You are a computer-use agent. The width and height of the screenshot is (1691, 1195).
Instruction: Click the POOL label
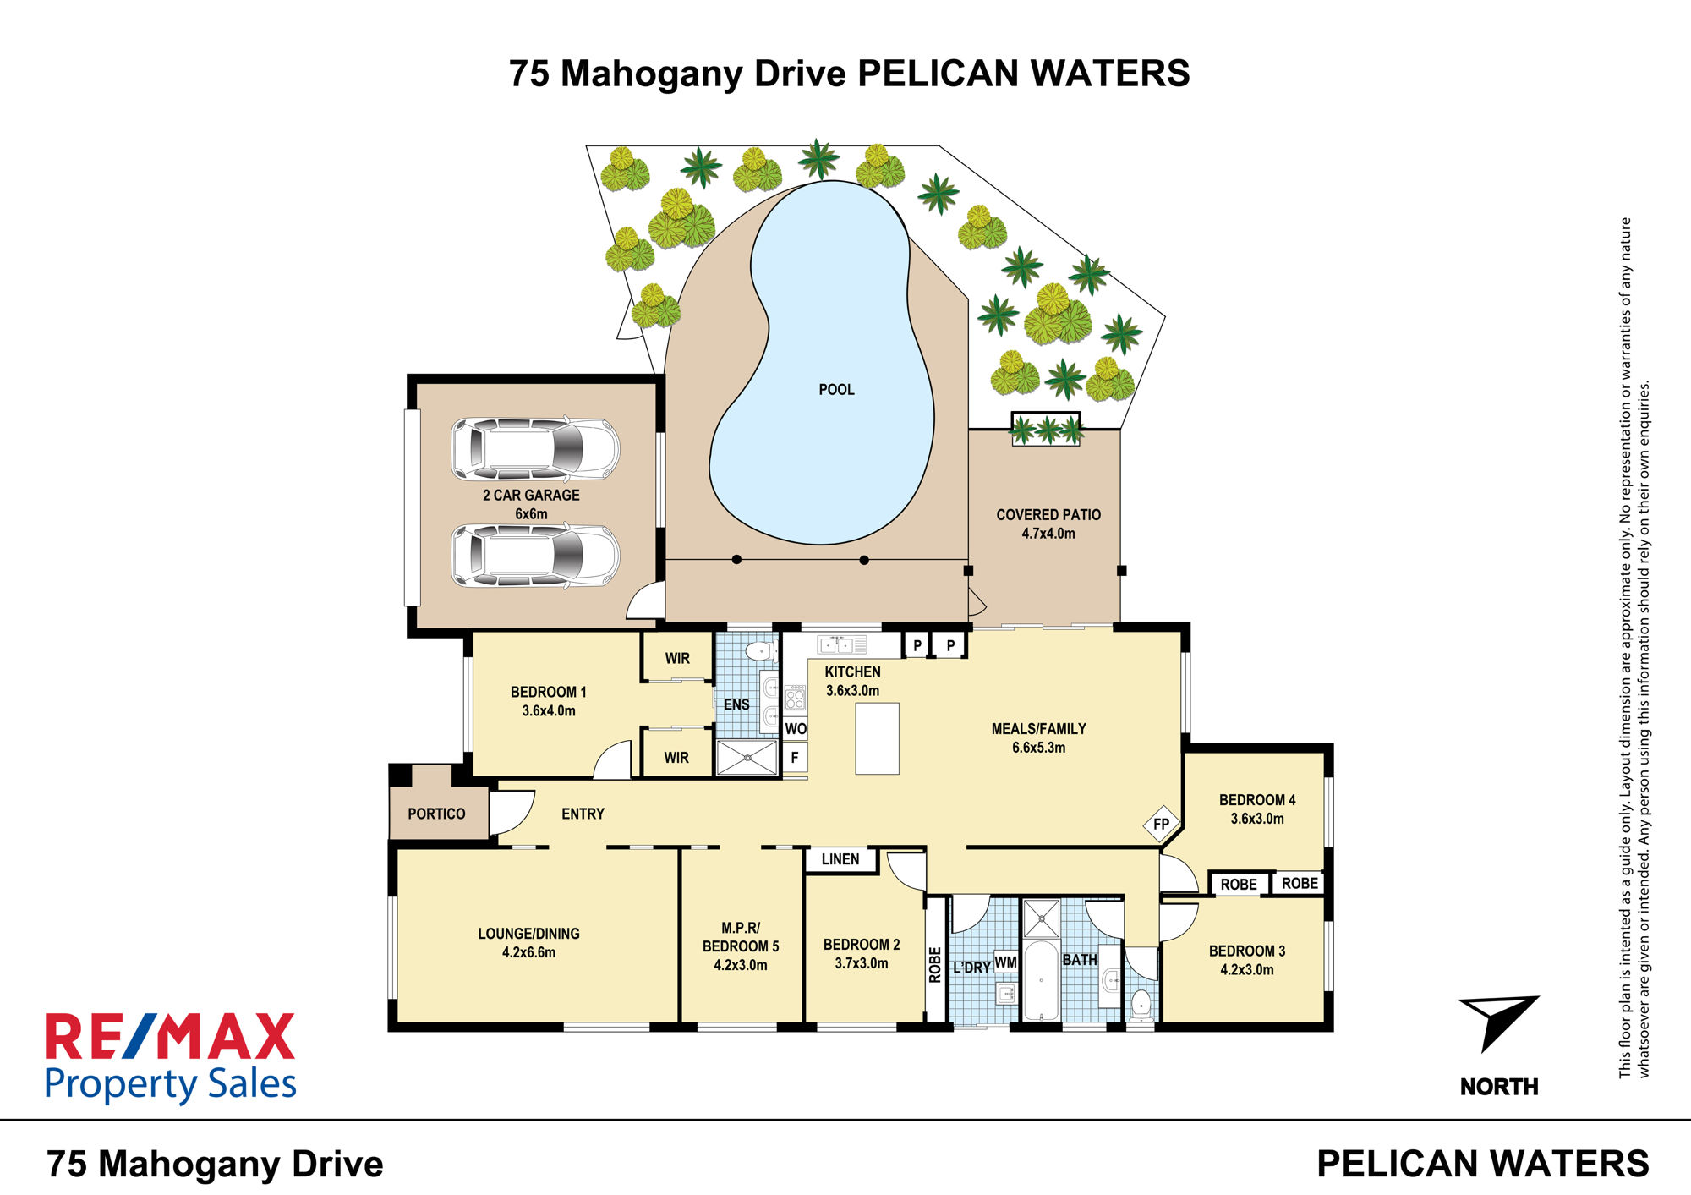pos(836,390)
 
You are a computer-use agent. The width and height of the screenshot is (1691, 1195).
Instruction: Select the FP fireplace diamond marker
pos(1162,824)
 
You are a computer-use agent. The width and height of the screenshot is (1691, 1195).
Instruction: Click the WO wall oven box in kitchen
pos(796,729)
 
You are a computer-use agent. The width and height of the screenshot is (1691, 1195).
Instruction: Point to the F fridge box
pos(795,758)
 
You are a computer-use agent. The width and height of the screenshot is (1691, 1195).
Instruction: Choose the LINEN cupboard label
pos(840,859)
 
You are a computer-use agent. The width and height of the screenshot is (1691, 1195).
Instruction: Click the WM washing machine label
pos(1005,962)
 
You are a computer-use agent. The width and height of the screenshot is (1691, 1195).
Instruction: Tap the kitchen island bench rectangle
pos(877,738)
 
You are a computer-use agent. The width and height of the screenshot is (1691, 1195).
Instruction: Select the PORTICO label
pos(436,814)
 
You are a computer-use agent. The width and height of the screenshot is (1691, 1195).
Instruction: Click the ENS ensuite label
pos(736,704)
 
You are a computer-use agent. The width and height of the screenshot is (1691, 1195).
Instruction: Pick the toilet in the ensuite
pos(761,650)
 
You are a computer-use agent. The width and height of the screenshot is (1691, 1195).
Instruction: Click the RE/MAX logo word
pos(170,1037)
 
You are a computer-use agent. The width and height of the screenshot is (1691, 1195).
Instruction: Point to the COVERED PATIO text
pos(1048,515)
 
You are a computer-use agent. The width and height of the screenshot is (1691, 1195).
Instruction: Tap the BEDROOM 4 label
pos(1257,800)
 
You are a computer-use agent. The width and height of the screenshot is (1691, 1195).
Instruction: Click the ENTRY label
pos(583,814)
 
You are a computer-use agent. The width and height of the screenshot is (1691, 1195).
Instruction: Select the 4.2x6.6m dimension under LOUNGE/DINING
pos(529,952)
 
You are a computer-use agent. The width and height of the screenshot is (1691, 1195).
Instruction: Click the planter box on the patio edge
pos(1046,428)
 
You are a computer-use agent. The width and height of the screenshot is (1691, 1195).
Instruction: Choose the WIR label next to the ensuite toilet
pos(677,658)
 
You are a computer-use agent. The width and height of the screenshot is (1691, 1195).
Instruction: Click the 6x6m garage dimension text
pos(531,514)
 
